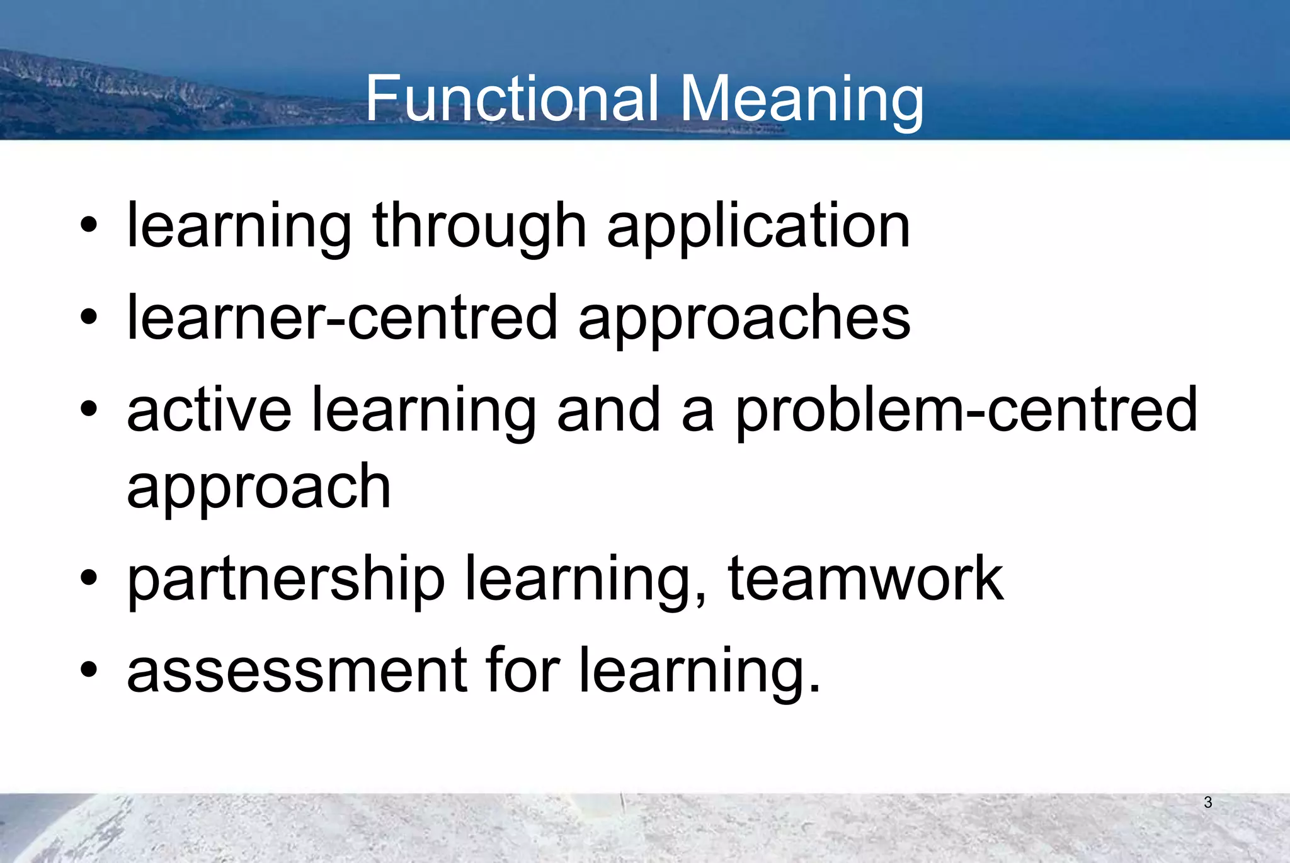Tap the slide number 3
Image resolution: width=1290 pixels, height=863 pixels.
click(x=1207, y=803)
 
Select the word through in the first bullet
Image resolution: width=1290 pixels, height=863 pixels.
click(x=479, y=227)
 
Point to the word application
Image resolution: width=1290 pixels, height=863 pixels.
click(x=758, y=227)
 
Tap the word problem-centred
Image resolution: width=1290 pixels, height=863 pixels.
click(x=966, y=411)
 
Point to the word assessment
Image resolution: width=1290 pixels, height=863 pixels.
click(x=297, y=670)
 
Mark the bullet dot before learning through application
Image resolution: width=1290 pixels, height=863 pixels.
click(x=89, y=225)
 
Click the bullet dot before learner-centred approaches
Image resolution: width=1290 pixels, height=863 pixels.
click(x=89, y=317)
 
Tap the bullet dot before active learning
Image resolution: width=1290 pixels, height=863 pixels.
click(x=89, y=410)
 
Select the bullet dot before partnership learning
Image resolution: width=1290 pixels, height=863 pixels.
click(x=89, y=577)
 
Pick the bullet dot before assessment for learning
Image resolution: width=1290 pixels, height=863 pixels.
click(x=89, y=670)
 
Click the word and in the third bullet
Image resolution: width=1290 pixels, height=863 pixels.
click(x=608, y=410)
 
